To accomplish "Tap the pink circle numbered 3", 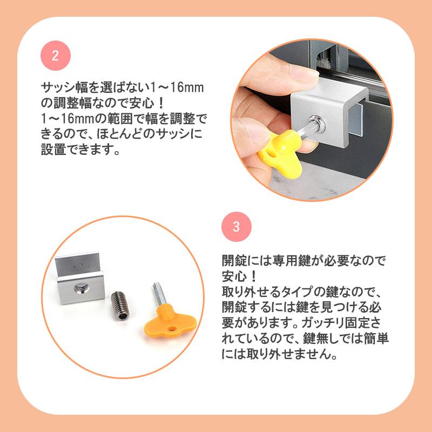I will pyautogui.click(x=236, y=227).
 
